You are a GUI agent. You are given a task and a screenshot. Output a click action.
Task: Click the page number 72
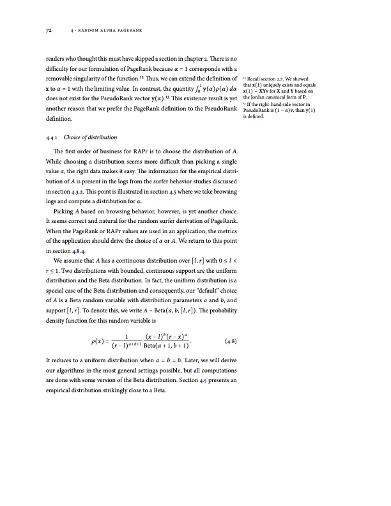pyautogui.click(x=49, y=30)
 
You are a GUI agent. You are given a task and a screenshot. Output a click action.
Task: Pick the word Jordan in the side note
pyautogui.click(x=266, y=95)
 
